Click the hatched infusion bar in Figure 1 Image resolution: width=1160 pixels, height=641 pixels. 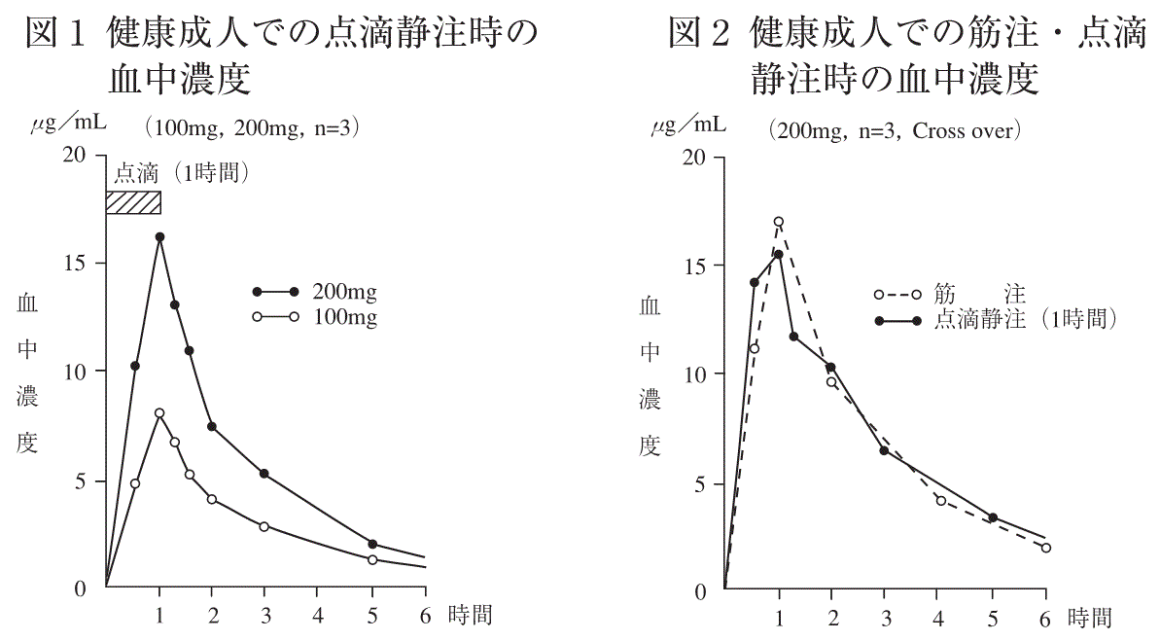(133, 202)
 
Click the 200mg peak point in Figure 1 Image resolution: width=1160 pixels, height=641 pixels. (159, 236)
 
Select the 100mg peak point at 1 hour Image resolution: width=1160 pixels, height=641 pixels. (159, 413)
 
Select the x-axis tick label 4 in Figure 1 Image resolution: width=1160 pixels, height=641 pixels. (319, 615)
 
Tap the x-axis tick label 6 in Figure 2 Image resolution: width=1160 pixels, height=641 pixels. (1046, 615)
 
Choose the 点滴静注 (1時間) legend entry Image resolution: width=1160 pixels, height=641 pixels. (1021, 319)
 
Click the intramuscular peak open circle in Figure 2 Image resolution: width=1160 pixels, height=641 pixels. (779, 222)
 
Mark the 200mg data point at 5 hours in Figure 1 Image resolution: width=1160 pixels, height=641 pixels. (372, 544)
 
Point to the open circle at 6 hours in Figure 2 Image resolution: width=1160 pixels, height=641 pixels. (1046, 548)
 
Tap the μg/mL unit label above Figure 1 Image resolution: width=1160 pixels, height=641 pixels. (66, 124)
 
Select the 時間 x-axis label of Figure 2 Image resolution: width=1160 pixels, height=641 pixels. (1089, 617)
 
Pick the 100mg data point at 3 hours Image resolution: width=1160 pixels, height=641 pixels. (264, 526)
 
